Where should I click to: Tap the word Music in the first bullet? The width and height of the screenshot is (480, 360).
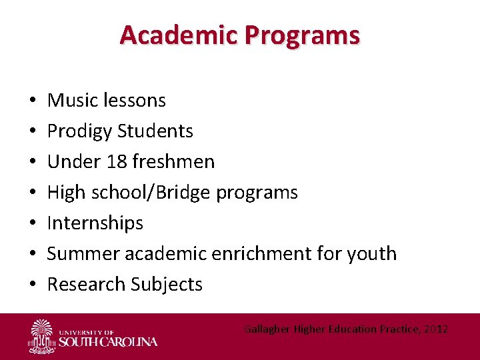(70, 100)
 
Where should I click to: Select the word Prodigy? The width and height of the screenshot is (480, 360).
(80, 131)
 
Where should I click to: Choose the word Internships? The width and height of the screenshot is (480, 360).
(95, 223)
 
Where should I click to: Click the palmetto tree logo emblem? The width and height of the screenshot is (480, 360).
(42, 335)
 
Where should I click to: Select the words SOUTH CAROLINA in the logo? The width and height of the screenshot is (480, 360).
(109, 342)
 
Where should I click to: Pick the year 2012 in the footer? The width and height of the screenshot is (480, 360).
(435, 329)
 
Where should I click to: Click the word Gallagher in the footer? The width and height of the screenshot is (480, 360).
(265, 329)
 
